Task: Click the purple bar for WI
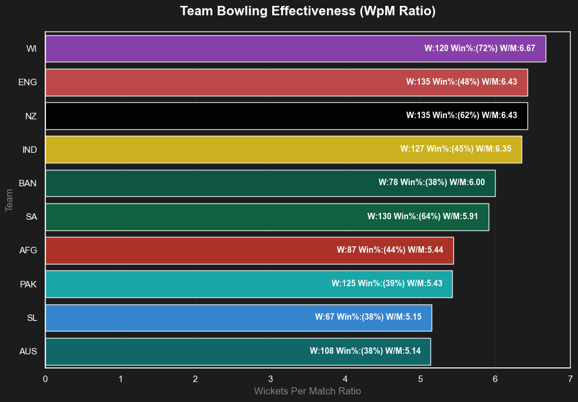coord(235,48)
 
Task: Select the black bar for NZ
coord(223,116)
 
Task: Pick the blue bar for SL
coord(176,317)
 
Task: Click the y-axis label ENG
coord(28,82)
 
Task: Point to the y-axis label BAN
coord(28,183)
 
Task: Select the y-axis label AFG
coord(28,250)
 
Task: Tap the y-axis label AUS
coord(28,351)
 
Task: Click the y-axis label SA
coord(31,217)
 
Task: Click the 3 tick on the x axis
coord(270,379)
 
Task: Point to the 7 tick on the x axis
coord(570,379)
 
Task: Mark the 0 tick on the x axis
coord(45,379)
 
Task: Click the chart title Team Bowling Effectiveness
coord(308,11)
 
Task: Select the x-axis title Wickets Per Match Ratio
coord(308,391)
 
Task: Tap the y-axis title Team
coord(9,200)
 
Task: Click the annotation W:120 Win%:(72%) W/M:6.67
coord(480,48)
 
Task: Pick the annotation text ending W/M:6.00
coord(432,183)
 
